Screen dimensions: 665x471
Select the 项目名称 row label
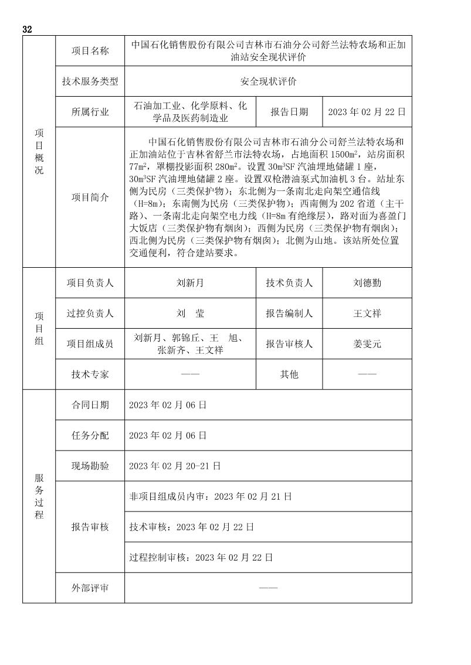pos(90,51)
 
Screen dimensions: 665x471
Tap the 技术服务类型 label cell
pos(90,81)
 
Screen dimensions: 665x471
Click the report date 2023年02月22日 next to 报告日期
pos(367,112)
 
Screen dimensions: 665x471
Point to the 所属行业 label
pos(90,112)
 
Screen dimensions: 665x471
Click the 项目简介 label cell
pos(90,197)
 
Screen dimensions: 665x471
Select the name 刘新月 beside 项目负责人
pos(190,283)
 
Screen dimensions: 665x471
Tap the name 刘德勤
pos(367,283)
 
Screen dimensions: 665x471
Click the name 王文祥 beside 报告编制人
pos(367,313)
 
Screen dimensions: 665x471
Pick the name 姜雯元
pos(367,344)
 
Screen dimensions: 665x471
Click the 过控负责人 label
pos(90,313)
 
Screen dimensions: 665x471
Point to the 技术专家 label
pos(90,374)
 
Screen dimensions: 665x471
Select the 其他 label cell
pos(289,374)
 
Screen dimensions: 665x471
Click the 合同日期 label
pos(90,405)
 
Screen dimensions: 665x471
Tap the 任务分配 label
pos(90,435)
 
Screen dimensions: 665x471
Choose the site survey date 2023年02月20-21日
pos(174,466)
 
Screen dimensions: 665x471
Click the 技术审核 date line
pos(191,527)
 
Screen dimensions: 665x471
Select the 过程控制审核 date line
pos(201,557)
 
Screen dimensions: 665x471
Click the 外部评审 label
pos(90,588)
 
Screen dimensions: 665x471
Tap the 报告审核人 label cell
pos(289,344)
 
